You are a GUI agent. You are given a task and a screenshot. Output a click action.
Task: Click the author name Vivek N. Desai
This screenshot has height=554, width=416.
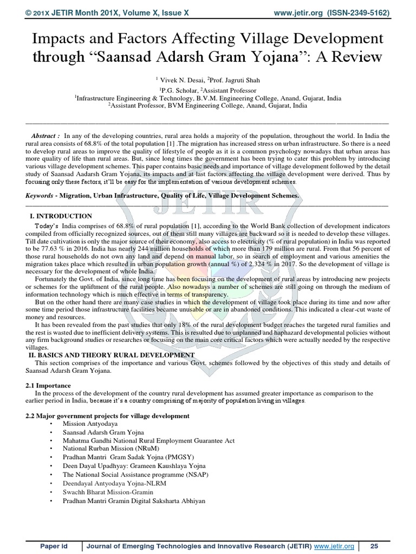(x=179, y=79)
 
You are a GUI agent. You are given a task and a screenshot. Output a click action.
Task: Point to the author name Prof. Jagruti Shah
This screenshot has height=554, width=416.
(x=231, y=79)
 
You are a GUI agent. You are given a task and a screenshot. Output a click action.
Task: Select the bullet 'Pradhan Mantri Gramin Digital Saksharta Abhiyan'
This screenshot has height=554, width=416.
(x=134, y=501)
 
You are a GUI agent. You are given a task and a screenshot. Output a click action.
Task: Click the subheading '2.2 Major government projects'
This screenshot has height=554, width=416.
(x=107, y=415)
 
